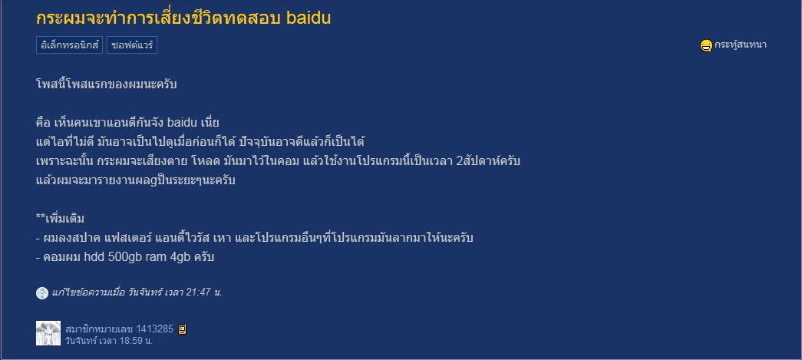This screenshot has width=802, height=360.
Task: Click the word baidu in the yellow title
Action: point(309,18)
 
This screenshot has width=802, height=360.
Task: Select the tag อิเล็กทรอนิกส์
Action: point(70,45)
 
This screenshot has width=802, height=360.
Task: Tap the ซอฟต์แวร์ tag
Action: point(131,45)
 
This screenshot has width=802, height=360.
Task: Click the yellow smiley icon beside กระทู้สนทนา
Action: point(706,45)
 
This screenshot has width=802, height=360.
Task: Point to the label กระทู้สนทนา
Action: point(740,45)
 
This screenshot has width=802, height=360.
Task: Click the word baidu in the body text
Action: point(186,123)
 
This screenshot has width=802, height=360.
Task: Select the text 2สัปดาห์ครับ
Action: point(488,161)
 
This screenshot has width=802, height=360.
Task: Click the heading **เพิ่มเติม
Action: point(61,219)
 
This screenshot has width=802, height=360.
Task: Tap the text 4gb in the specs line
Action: point(180,257)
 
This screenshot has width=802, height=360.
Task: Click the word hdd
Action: point(94,256)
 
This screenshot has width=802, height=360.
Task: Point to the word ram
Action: point(158,258)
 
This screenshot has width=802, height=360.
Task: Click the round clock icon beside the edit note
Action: point(42,293)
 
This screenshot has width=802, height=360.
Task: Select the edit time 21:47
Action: point(198,292)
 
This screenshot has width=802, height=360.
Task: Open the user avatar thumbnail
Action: point(48,333)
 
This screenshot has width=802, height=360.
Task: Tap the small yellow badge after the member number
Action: point(182,329)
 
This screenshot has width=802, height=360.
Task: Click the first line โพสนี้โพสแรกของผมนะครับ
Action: point(107,84)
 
